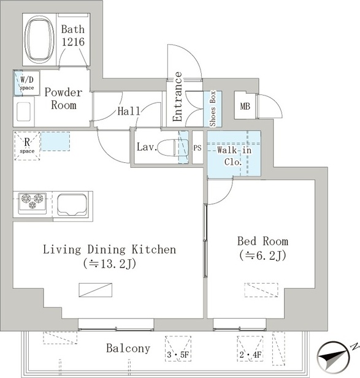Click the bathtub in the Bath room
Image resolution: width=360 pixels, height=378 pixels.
pos(39,40)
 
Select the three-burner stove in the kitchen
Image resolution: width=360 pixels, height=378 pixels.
pos(33,203)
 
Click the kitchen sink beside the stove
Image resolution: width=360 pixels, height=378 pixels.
pos(72,205)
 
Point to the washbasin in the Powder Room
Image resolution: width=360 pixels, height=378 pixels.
pos(24,112)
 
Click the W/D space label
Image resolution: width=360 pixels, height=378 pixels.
pos(27,83)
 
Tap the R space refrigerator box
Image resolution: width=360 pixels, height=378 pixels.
pos(27,146)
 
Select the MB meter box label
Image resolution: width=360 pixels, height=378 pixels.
pos(245,106)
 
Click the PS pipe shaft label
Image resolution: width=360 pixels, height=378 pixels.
pos(197,148)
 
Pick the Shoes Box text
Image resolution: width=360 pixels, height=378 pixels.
pos(213,108)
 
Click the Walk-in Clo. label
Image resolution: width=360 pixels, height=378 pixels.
pos(234,156)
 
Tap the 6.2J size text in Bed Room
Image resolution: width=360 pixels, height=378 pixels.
pos(262,256)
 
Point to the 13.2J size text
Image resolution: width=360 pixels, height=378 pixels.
pos(110,264)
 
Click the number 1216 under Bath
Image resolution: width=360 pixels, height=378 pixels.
pos(73,42)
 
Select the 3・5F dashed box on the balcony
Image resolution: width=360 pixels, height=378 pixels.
pos(178,349)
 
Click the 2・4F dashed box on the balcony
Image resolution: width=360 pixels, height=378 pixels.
pos(250,349)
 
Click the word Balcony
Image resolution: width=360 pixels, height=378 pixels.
pos(128,349)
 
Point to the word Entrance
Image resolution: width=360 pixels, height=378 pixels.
pos(177,97)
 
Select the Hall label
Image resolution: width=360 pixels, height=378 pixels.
pos(129,111)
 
